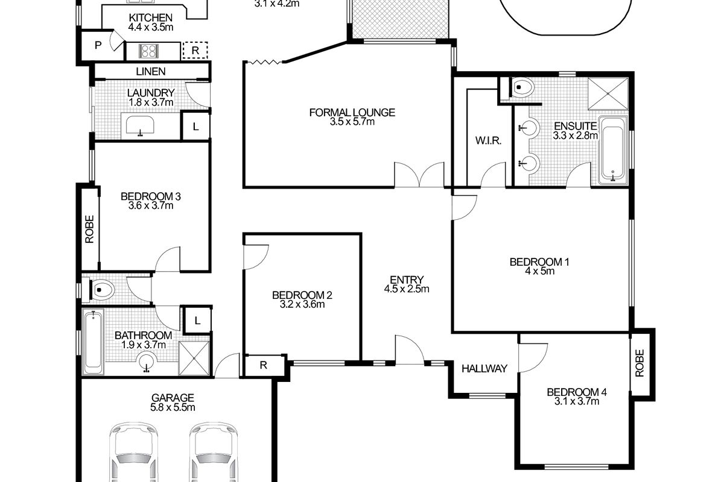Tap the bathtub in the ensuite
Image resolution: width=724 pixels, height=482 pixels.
click(614, 150)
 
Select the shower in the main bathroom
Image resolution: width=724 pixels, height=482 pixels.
click(194, 358)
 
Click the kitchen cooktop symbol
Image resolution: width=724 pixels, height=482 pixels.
click(149, 51)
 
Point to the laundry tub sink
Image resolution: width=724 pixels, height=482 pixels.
click(140, 127)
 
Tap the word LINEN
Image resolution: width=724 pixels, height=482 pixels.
click(150, 71)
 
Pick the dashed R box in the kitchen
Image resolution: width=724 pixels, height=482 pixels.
click(195, 51)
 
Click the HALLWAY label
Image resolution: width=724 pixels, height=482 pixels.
click(484, 369)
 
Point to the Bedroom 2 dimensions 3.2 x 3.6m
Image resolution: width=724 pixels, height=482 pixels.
click(302, 304)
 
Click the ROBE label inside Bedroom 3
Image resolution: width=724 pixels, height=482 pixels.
click(90, 229)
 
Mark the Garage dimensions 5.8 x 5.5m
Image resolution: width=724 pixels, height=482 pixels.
click(173, 407)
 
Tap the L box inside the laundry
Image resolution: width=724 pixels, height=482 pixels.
click(195, 127)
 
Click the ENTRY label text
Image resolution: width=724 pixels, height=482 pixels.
click(406, 280)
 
